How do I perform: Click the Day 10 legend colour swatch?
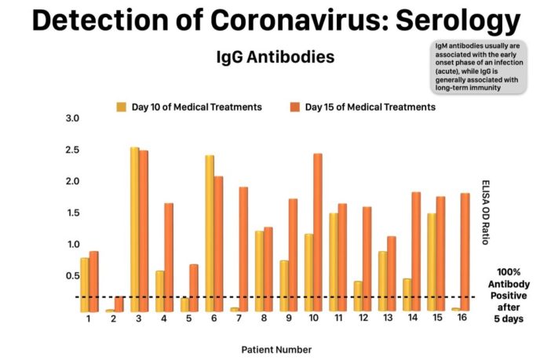[122, 107]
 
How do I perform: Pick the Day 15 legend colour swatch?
[294, 107]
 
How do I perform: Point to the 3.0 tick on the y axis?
[73, 118]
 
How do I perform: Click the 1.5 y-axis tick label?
[73, 213]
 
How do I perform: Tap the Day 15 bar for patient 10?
[317, 232]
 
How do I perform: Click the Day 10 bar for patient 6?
[210, 233]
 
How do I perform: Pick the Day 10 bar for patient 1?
[85, 284]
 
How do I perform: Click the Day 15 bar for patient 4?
[169, 256]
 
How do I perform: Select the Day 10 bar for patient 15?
[431, 262]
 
